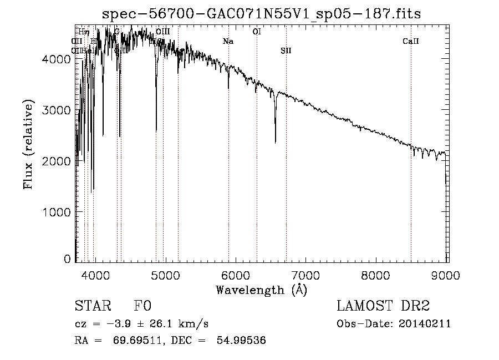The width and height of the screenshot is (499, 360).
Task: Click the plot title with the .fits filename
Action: click(262, 14)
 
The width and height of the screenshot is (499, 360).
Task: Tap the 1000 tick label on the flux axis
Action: click(58, 212)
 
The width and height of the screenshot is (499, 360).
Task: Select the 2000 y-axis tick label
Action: click(58, 161)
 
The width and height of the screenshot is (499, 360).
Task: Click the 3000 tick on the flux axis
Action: click(58, 110)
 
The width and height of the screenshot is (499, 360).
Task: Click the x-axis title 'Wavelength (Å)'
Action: click(261, 289)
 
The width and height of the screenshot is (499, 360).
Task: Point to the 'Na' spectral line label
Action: click(228, 41)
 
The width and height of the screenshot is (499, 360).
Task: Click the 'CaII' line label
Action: click(410, 41)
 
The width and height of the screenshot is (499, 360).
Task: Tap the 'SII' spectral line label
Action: click(286, 50)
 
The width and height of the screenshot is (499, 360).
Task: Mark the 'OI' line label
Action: click(256, 32)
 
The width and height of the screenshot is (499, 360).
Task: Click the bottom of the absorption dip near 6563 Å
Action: click(276, 143)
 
